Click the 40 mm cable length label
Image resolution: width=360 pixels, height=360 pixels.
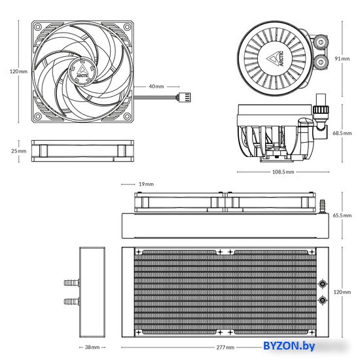[x=156, y=86]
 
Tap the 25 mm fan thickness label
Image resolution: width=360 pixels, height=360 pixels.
[x=19, y=151]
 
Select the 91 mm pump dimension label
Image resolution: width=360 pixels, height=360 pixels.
[x=342, y=59]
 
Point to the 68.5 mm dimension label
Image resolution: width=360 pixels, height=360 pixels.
[x=342, y=133]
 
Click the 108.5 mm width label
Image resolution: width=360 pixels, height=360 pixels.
[x=283, y=171]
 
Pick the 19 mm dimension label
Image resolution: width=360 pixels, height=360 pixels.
[x=146, y=184]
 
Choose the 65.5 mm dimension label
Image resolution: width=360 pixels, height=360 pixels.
[x=342, y=215]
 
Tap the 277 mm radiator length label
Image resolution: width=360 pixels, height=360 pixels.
[x=225, y=348]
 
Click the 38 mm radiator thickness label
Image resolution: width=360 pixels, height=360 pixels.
[x=92, y=347]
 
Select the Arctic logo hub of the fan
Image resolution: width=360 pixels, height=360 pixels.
[x=82, y=71]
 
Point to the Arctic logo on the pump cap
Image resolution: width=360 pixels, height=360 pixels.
[x=276, y=58]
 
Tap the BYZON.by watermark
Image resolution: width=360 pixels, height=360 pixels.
[x=289, y=346]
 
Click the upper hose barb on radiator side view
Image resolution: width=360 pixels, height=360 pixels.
[x=72, y=283]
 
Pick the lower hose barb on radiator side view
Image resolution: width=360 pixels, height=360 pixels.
[x=72, y=301]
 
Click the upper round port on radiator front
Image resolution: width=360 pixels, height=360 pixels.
[x=323, y=284]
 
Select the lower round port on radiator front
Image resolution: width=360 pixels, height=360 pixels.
[x=323, y=300]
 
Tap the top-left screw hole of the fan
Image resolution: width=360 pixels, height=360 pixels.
[x=38, y=27]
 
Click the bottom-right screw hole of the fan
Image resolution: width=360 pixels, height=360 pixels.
[x=127, y=117]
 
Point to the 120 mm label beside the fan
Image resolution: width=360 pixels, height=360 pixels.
[x=18, y=71]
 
